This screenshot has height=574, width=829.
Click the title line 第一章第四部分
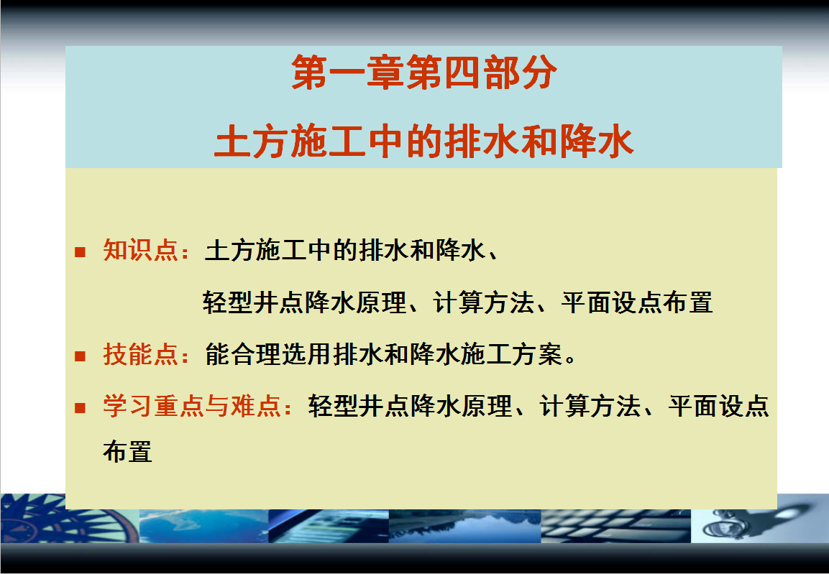pos(423,73)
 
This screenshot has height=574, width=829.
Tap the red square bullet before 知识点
pos(81,251)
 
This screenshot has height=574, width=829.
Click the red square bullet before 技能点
pos(81,356)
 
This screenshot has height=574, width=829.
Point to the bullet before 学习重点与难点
pos(81,407)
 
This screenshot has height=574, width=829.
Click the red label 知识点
pos(140,250)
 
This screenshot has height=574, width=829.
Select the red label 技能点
pos(140,353)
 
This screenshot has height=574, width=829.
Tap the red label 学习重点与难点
pos(191,406)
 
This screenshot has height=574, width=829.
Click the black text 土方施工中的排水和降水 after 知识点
pos(344,250)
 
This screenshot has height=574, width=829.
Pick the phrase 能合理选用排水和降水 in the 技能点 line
pos(332,353)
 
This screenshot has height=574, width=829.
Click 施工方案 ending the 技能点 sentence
pos(510,353)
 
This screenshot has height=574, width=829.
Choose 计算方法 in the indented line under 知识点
pos(483,302)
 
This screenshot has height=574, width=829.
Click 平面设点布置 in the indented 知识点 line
pos(637,302)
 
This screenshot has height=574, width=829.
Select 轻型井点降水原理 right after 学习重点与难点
pos(411,406)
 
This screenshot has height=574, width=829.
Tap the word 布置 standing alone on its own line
pos(127,452)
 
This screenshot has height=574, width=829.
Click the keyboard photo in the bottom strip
pos(616,526)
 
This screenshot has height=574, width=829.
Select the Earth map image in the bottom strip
pos(204,526)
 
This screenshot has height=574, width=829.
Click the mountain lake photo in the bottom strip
pos(464,526)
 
